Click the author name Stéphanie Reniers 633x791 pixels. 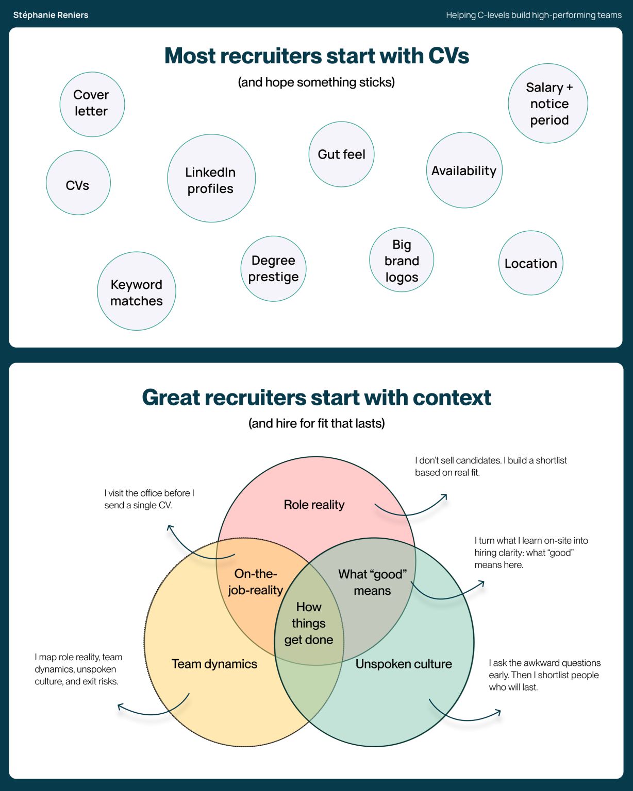tap(51, 15)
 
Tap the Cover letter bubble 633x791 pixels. tap(92, 105)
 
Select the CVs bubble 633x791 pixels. tap(78, 183)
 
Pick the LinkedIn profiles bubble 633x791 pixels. tap(212, 178)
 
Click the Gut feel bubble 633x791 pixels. tap(342, 154)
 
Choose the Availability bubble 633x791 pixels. tap(464, 170)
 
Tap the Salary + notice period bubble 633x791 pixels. tap(548, 104)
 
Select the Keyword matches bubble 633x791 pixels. tap(137, 291)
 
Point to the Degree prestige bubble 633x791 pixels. tap(273, 269)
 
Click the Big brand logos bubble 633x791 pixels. tap(402, 260)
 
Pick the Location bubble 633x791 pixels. tap(531, 263)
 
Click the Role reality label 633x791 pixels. tap(314, 505)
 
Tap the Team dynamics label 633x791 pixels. tap(214, 664)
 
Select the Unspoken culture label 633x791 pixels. tap(403, 664)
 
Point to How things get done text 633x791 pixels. tap(309, 623)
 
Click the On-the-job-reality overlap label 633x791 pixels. tap(255, 582)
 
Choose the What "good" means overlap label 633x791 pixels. tap(373, 582)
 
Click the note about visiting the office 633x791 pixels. tap(149, 499)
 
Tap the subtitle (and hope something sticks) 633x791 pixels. tap(316, 82)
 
